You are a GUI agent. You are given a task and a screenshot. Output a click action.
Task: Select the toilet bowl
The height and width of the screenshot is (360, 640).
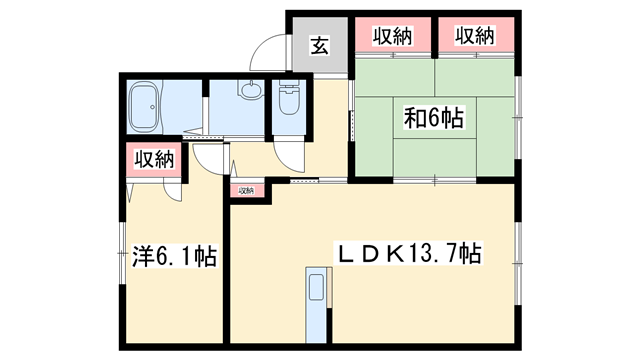[x=290, y=101]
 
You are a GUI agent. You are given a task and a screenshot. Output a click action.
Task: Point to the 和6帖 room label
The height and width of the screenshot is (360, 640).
[x=432, y=118]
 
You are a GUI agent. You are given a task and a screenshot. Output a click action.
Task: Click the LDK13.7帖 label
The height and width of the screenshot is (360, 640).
[x=408, y=254]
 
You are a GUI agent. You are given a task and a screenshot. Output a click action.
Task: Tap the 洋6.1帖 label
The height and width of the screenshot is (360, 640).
[x=174, y=257]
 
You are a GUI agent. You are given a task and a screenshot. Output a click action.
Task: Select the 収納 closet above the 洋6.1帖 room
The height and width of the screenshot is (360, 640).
[x=154, y=160]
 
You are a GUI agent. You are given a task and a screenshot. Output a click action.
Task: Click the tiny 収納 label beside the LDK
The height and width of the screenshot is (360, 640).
[x=246, y=190]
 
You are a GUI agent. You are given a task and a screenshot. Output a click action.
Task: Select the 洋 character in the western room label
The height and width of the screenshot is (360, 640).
[x=141, y=257]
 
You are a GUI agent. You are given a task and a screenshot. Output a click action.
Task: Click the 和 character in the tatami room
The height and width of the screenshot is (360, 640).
[x=411, y=118]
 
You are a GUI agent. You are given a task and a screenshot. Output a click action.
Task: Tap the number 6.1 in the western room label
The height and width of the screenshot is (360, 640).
[x=176, y=257]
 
